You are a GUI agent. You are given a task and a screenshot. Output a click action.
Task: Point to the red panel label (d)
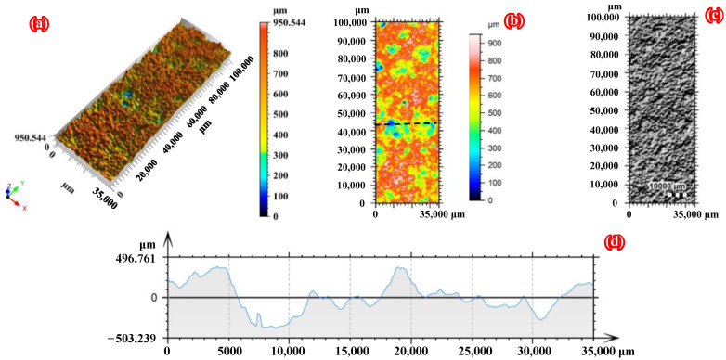coord(615,243)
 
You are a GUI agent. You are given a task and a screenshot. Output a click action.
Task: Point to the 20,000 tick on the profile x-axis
coord(410,352)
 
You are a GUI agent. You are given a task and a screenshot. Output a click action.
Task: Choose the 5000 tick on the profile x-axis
coord(228,352)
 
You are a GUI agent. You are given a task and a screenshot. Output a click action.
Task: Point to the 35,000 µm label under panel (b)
coord(449,213)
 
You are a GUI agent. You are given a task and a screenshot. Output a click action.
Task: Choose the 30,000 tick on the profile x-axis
coord(531,352)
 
